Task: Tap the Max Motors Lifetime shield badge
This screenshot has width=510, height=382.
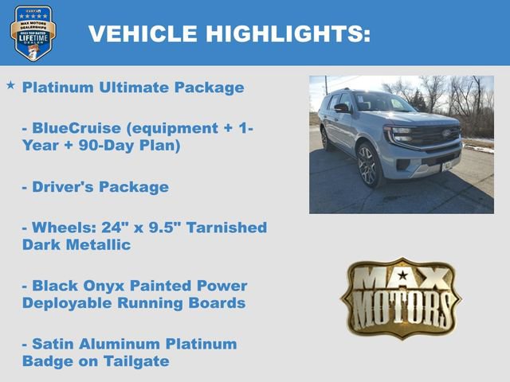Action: (x=33, y=33)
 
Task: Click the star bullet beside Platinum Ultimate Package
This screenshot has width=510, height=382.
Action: (x=10, y=84)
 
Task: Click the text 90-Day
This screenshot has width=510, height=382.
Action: (x=119, y=145)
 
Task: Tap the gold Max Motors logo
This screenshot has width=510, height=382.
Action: (x=401, y=298)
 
